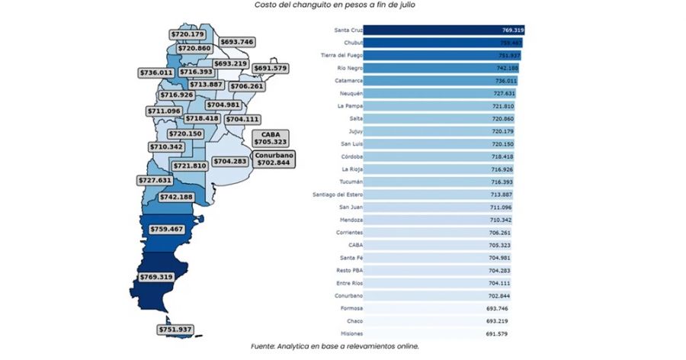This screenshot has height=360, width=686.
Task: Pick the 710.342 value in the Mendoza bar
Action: pyautogui.click(x=501, y=220)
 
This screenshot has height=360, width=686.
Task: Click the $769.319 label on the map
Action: pyautogui.click(x=155, y=276)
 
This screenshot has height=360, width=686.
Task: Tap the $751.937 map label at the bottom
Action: pyautogui.click(x=175, y=329)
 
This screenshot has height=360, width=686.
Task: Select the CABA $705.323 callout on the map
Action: pyautogui.click(x=270, y=137)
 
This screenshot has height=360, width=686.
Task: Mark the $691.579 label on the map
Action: pyautogui.click(x=271, y=69)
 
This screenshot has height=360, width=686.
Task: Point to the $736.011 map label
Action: pyautogui.click(x=155, y=72)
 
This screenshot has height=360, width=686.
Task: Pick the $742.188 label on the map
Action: pyautogui.click(x=175, y=197)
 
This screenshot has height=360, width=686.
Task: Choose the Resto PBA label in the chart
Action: pyautogui.click(x=345, y=270)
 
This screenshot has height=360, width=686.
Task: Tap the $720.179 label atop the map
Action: pyautogui.click(x=188, y=34)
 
